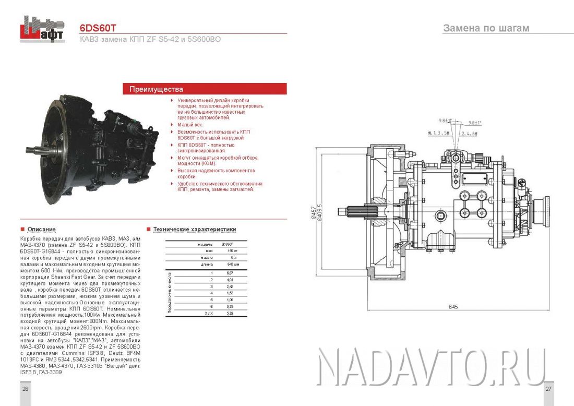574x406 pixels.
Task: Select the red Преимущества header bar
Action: [205, 89]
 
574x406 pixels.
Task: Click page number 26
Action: [25, 389]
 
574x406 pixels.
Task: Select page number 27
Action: [548, 389]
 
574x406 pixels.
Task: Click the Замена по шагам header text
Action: [486, 28]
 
